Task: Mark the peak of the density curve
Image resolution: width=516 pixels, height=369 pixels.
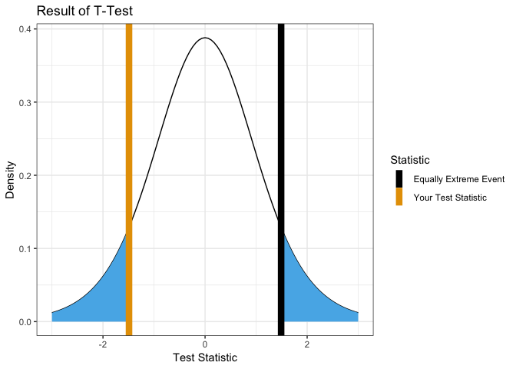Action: click(x=205, y=38)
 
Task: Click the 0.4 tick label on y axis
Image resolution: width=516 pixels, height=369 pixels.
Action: click(x=24, y=29)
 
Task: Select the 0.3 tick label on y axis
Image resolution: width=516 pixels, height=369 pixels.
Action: click(x=24, y=102)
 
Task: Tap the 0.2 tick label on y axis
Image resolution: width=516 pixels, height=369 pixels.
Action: click(x=24, y=175)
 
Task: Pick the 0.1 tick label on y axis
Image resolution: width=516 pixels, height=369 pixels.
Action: click(x=24, y=248)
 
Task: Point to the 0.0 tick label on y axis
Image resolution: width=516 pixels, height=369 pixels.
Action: click(x=24, y=321)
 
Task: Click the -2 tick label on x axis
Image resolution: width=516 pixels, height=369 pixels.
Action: click(x=102, y=344)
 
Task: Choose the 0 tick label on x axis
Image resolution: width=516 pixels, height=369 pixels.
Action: click(x=205, y=344)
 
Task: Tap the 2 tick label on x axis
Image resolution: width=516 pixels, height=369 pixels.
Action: click(x=307, y=344)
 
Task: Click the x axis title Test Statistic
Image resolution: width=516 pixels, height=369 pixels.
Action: click(x=205, y=357)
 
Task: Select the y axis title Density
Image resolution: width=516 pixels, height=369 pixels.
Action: click(x=11, y=179)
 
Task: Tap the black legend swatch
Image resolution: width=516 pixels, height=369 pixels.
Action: click(x=399, y=179)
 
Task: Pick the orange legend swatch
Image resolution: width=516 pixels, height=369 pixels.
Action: click(x=399, y=198)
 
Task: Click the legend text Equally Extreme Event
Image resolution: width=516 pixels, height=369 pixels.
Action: click(x=458, y=179)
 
